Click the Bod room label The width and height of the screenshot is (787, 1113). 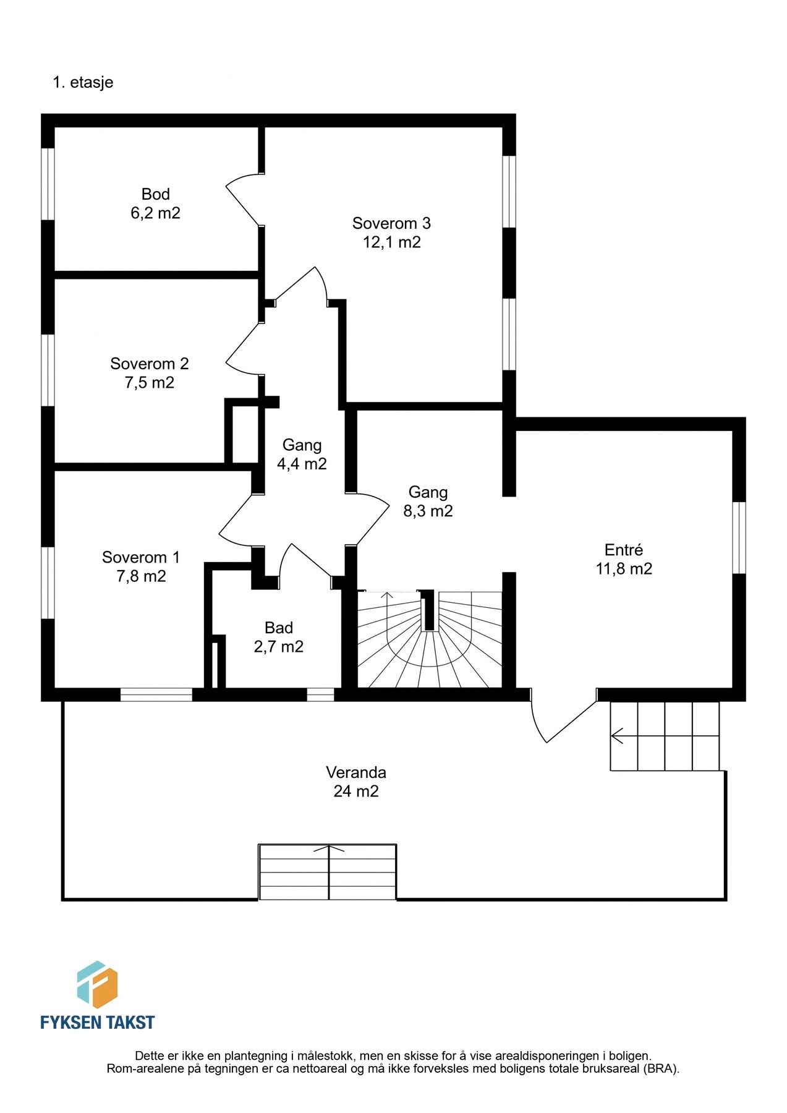(x=156, y=194)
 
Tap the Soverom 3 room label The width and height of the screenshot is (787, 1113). (x=391, y=223)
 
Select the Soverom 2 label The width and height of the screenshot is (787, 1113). (x=150, y=364)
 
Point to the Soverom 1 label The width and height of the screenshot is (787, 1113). (x=141, y=557)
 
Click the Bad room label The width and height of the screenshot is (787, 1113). (x=279, y=628)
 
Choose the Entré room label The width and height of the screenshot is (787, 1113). (x=624, y=550)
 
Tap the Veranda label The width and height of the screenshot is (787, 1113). (x=356, y=772)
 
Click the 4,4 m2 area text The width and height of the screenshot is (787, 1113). (x=302, y=464)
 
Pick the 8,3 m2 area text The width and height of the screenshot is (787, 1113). (x=428, y=511)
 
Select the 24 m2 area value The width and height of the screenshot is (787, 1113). (x=356, y=791)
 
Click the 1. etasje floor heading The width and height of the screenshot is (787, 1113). (x=83, y=82)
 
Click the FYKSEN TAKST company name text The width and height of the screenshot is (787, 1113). (x=98, y=1022)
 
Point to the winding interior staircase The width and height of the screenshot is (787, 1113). (x=430, y=639)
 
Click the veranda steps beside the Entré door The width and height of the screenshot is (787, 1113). (x=665, y=736)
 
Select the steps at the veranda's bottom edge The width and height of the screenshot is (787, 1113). (x=328, y=872)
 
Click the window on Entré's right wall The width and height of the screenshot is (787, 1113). (x=739, y=537)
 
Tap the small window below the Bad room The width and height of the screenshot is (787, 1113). (x=321, y=695)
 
